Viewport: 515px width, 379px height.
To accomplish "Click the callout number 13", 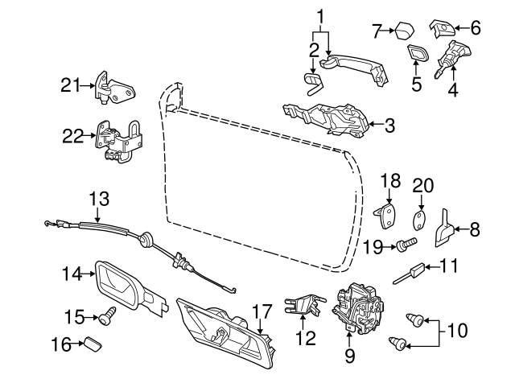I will (x=98, y=197).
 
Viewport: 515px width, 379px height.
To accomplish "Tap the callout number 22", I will (x=73, y=138).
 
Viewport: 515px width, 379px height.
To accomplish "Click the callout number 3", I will (x=389, y=126).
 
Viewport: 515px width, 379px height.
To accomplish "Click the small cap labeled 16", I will (x=93, y=344).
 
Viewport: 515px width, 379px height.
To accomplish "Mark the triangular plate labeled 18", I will (x=389, y=215).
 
